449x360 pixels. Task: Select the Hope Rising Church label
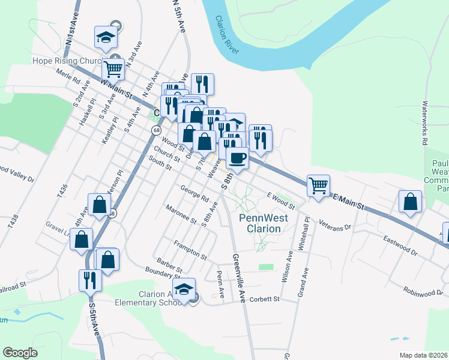[67, 61]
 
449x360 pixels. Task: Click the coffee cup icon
[237, 159]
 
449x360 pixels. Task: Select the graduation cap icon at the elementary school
[184, 290]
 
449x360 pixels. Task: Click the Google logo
[20, 353]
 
